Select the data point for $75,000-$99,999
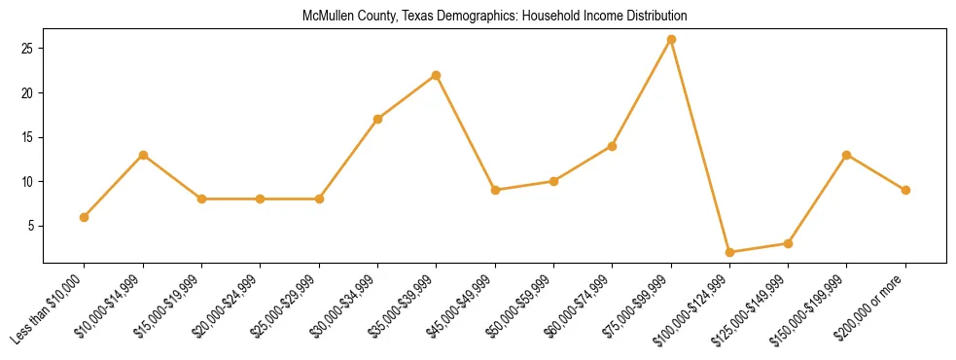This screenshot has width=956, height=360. (x=671, y=40)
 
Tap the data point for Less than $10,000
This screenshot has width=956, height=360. (x=85, y=217)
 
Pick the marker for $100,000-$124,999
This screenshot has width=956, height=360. (x=729, y=252)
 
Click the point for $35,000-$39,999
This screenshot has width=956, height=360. (x=436, y=75)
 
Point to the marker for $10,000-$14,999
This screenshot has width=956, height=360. (x=143, y=155)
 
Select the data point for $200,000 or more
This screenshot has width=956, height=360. (x=905, y=190)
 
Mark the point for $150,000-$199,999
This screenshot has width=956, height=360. (x=847, y=155)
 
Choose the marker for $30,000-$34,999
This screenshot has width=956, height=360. (x=377, y=120)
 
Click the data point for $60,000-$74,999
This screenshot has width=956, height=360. (x=612, y=146)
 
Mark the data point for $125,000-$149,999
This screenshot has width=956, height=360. (x=788, y=243)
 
